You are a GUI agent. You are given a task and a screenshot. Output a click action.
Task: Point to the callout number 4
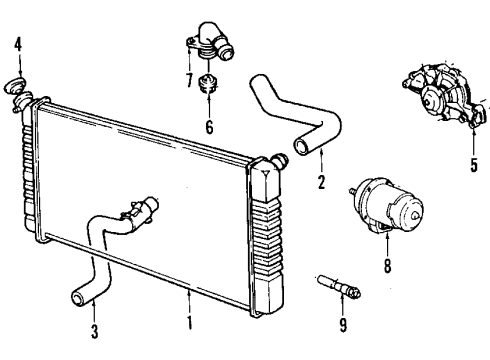click(17, 44)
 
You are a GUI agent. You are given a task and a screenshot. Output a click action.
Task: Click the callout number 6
click(209, 127)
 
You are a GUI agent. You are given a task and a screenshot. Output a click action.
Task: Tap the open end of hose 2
click(300, 148)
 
